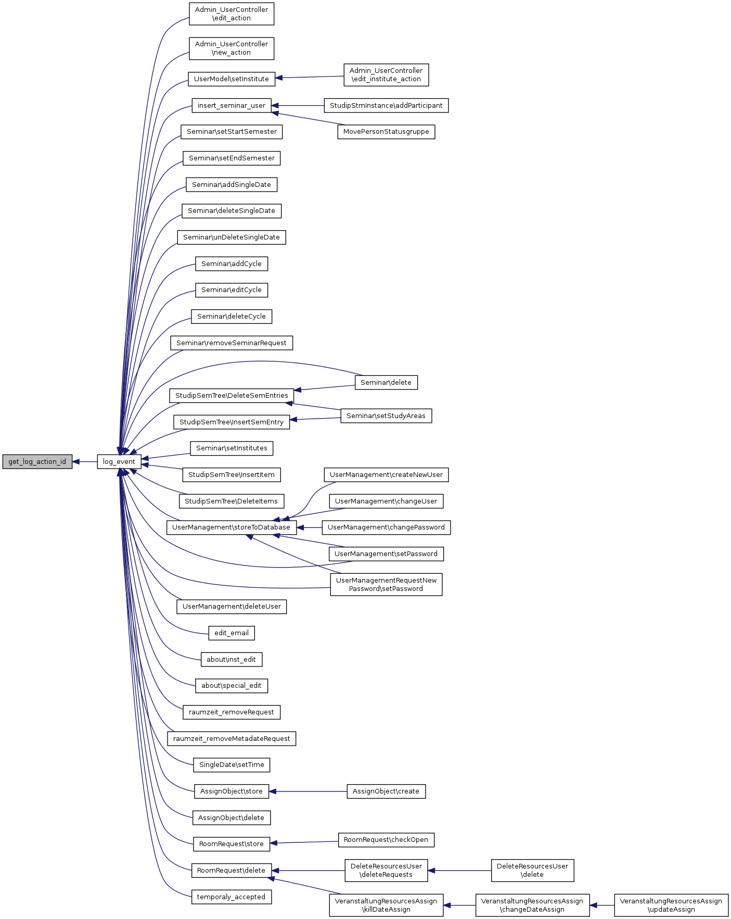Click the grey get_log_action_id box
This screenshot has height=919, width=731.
37,462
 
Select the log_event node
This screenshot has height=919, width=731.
119,462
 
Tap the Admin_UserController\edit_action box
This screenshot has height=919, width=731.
232,14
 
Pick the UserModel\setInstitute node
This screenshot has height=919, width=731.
232,79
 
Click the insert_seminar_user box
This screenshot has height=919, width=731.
232,106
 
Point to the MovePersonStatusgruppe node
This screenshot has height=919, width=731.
386,132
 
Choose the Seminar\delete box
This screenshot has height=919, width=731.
386,383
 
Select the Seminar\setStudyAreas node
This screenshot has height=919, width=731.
386,416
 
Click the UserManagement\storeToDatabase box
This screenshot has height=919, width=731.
232,527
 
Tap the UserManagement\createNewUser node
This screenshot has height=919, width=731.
386,475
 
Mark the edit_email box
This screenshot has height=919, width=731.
232,633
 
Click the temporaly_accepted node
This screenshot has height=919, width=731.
232,897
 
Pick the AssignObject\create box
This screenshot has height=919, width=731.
386,791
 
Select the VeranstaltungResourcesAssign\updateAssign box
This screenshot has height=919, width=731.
671,905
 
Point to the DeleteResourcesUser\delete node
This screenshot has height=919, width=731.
532,871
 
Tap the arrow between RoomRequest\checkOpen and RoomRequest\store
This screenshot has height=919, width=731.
304,842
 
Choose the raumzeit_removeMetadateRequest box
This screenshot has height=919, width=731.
232,739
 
